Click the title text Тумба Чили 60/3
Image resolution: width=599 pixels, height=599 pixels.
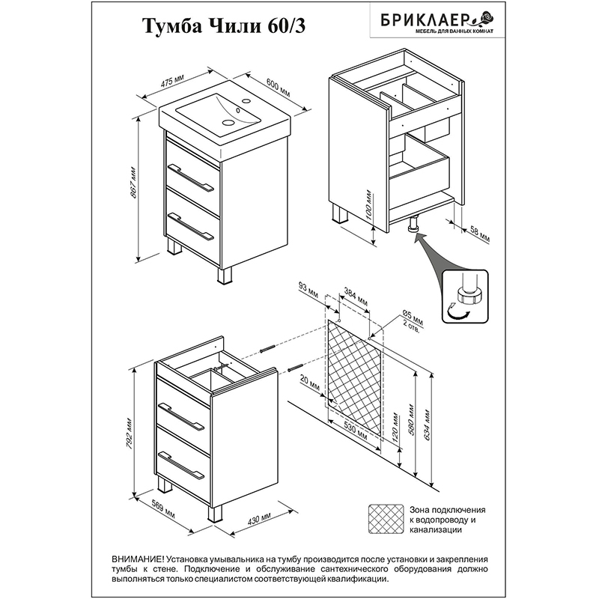(224, 26)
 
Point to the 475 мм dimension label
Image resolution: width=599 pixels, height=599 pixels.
(172, 82)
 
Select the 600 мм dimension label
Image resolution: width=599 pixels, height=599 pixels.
(278, 88)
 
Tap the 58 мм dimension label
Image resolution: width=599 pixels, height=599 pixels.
(479, 234)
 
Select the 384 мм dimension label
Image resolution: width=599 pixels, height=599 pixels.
(356, 296)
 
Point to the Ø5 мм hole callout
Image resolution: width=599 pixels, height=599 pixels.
(413, 320)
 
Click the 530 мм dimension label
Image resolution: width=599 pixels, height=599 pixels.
(355, 431)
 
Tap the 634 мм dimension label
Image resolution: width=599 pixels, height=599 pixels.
(427, 425)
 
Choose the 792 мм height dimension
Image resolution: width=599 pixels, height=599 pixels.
(130, 434)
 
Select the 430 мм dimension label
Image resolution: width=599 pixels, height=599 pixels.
(259, 517)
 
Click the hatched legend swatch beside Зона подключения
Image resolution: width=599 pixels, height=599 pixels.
(386, 519)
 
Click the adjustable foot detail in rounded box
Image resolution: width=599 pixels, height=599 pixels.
(465, 297)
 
